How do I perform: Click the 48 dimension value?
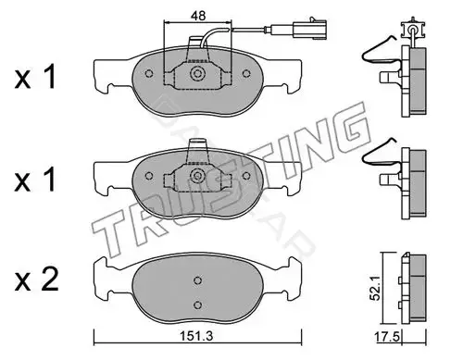pos(198,16)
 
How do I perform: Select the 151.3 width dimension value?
pos(197,336)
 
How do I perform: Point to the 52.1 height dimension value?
pos(375,289)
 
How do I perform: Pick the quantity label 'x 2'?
pos(36,279)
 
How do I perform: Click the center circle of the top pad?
pos(197,74)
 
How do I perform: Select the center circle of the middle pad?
pos(197,176)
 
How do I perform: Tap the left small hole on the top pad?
pos(149,74)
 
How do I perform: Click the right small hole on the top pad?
pos(246,74)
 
